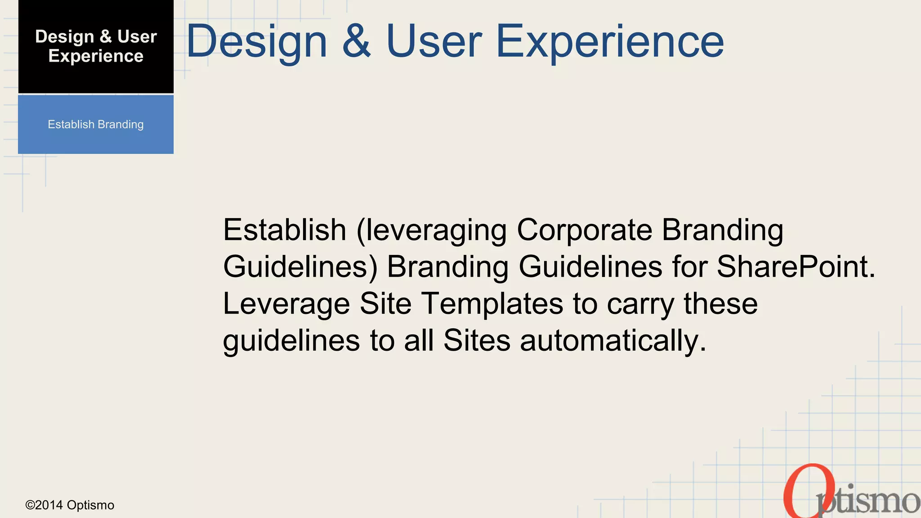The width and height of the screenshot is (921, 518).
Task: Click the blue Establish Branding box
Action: pos(96,125)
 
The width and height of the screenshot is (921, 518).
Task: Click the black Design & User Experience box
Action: pos(96,47)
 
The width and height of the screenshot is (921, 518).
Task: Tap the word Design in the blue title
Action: pos(256,42)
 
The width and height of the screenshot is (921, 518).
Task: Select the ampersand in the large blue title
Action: pos(357,42)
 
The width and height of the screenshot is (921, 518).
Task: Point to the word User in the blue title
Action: pos(434,42)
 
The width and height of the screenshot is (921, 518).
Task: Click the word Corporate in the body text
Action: pos(584,230)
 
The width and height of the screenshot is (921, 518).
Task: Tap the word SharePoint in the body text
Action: pos(796,267)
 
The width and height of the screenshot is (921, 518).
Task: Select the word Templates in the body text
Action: pos(492,304)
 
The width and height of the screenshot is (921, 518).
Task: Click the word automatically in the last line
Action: pos(613,341)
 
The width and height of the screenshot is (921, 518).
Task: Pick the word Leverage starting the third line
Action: pos(286,304)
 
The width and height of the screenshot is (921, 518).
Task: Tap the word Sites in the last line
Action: pos(477,341)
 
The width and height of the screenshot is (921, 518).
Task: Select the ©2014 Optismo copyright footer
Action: pos(70,505)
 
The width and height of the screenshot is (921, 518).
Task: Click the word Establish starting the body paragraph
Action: pos(284,230)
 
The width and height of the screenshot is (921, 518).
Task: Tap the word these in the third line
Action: pos(720,304)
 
